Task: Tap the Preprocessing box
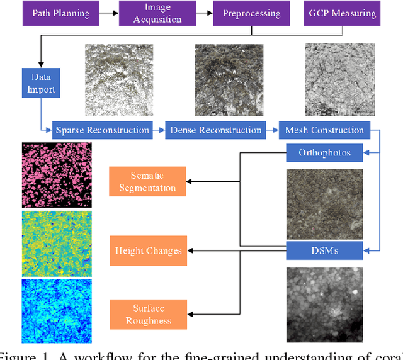pyautogui.click(x=251, y=13)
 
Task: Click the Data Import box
pyautogui.click(x=40, y=82)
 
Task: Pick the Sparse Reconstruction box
pyautogui.click(x=103, y=130)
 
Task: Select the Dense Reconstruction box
pyautogui.click(x=215, y=130)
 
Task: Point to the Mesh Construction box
pyautogui.click(x=324, y=130)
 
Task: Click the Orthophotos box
pyautogui.click(x=325, y=152)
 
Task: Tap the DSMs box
pyautogui.click(x=325, y=250)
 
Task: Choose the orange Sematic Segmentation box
pyautogui.click(x=147, y=181)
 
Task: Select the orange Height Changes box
pyautogui.click(x=147, y=250)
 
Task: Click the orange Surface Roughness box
pyautogui.click(x=147, y=314)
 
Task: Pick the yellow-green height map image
pyautogui.click(x=57, y=244)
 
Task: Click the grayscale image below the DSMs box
pyautogui.click(x=325, y=305)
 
